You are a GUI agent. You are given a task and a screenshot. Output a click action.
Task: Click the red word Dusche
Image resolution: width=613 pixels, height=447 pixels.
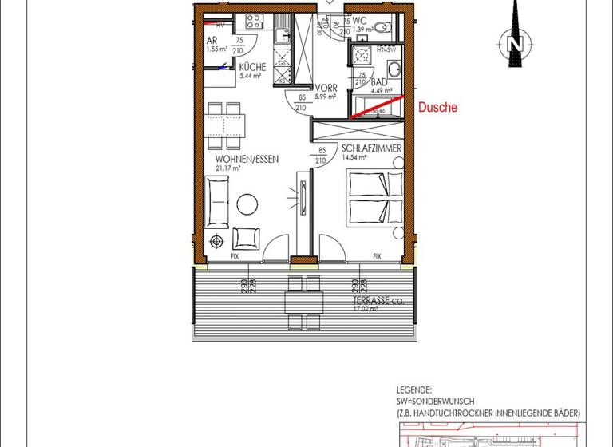(x=437, y=107)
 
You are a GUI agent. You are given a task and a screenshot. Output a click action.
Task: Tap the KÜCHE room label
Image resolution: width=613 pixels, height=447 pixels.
(x=252, y=67)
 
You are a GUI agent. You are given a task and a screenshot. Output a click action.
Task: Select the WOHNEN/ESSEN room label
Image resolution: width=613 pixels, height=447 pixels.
(x=247, y=160)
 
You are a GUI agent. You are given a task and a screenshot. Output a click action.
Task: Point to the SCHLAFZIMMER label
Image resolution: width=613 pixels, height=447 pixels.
(x=371, y=149)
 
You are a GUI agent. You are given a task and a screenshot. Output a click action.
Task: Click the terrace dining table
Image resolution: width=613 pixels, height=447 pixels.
(x=305, y=303)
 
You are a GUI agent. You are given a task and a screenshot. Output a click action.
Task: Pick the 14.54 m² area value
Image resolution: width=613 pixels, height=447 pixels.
(x=354, y=158)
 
